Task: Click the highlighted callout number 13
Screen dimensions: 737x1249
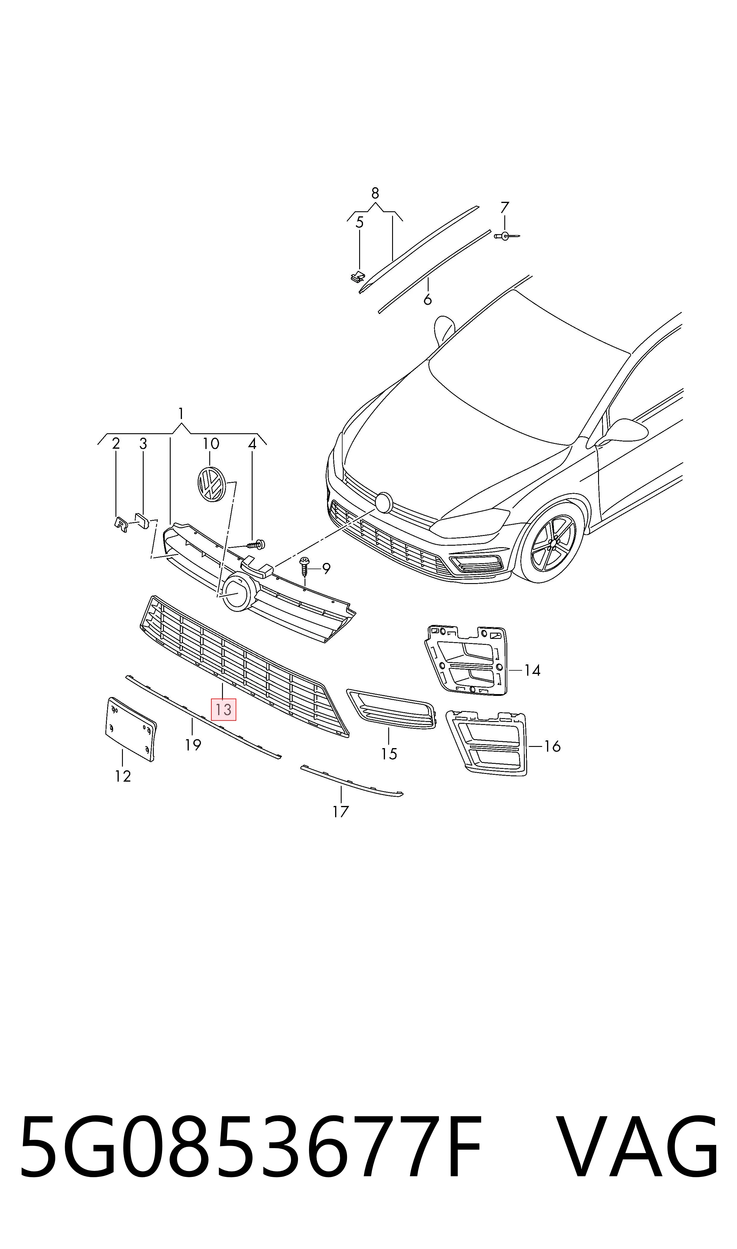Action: tap(224, 710)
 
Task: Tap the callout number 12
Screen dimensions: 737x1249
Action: tap(123, 776)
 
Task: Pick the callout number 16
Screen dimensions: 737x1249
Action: tap(552, 746)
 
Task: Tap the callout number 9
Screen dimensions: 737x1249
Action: tap(326, 568)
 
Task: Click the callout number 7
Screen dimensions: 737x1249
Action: tap(505, 207)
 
